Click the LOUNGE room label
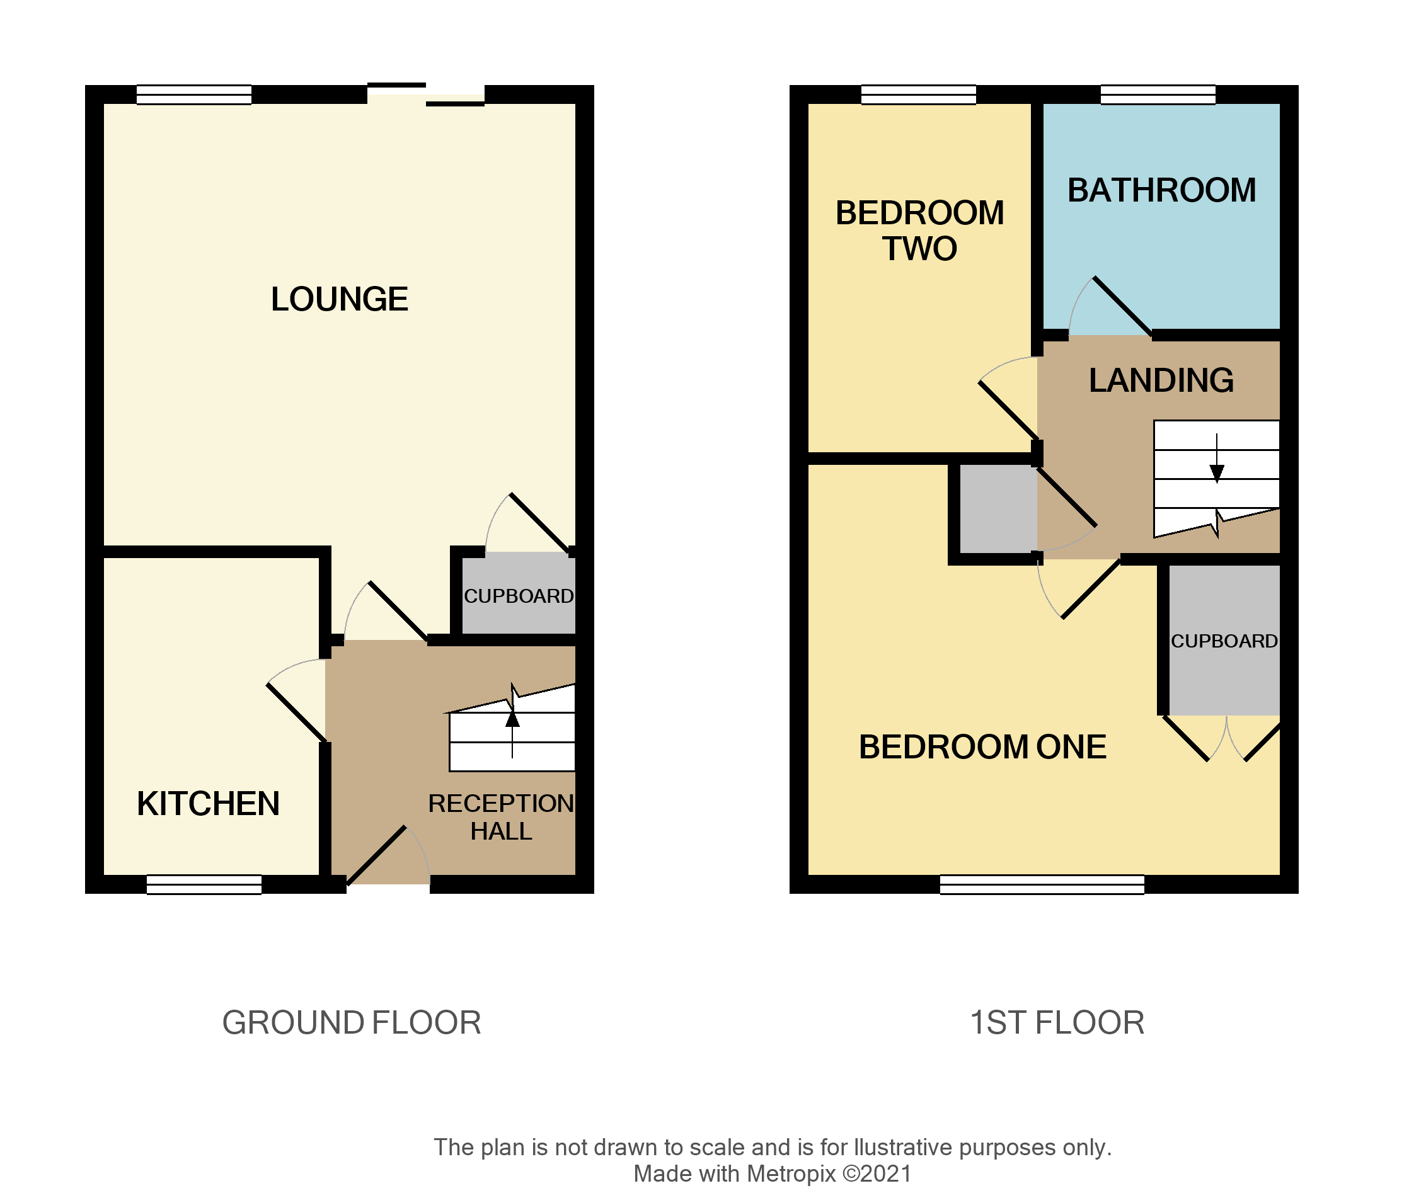(339, 299)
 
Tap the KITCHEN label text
(208, 804)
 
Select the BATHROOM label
(1161, 190)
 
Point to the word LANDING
(1161, 380)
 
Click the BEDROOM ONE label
(982, 747)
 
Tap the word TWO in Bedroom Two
(919, 248)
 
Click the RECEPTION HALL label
(500, 817)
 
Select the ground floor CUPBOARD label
(518, 596)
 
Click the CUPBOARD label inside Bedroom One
(1224, 641)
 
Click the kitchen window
(204, 884)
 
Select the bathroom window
(1158, 94)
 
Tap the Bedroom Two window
(918, 94)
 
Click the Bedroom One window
(1042, 884)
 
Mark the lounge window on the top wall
(193, 94)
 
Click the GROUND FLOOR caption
(351, 1022)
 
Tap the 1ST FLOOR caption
(1057, 1022)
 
